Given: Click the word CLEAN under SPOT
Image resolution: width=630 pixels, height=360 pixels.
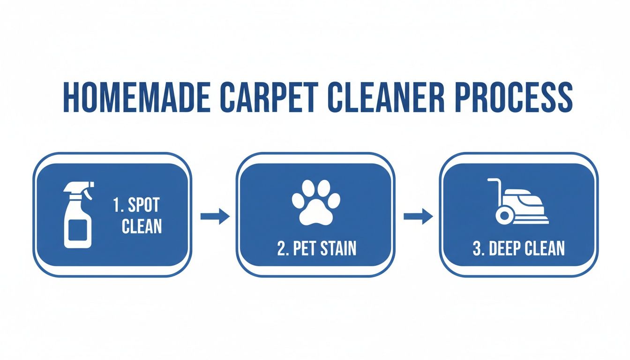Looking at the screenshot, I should pyautogui.click(x=142, y=226).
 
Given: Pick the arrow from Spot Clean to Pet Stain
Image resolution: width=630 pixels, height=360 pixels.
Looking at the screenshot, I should pyautogui.click(x=215, y=216).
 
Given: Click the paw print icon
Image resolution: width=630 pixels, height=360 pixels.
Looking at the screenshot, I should pyautogui.click(x=316, y=201).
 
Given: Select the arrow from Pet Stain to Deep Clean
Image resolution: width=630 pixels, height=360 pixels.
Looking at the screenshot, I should pyautogui.click(x=418, y=216).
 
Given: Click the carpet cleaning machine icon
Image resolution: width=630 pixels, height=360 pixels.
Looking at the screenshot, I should pyautogui.click(x=518, y=202).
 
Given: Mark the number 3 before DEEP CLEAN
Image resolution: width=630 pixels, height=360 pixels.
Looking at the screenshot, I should pyautogui.click(x=477, y=249).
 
